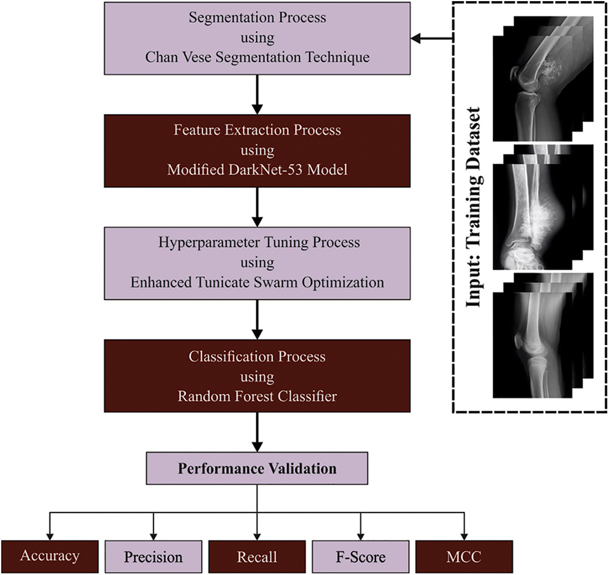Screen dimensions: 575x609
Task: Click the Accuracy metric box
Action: (50, 557)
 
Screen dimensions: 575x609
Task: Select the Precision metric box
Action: (153, 557)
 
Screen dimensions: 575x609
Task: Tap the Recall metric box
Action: (257, 557)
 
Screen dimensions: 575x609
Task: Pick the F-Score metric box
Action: (360, 557)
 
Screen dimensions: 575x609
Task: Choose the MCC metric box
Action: (464, 557)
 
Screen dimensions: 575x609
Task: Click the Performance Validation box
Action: (257, 469)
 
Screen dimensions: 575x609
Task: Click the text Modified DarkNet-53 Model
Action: (257, 170)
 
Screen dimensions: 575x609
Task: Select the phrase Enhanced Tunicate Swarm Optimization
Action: (257, 282)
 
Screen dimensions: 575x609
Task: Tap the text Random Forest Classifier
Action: (257, 395)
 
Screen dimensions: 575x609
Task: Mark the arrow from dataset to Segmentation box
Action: (432, 38)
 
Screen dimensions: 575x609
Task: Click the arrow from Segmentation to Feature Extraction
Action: (257, 94)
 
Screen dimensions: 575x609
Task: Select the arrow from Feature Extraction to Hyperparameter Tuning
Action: (257, 207)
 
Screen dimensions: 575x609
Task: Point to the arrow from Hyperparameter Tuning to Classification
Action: (257, 319)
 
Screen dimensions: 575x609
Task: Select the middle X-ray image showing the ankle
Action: (529, 212)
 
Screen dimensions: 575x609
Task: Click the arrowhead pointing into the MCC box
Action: (464, 536)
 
